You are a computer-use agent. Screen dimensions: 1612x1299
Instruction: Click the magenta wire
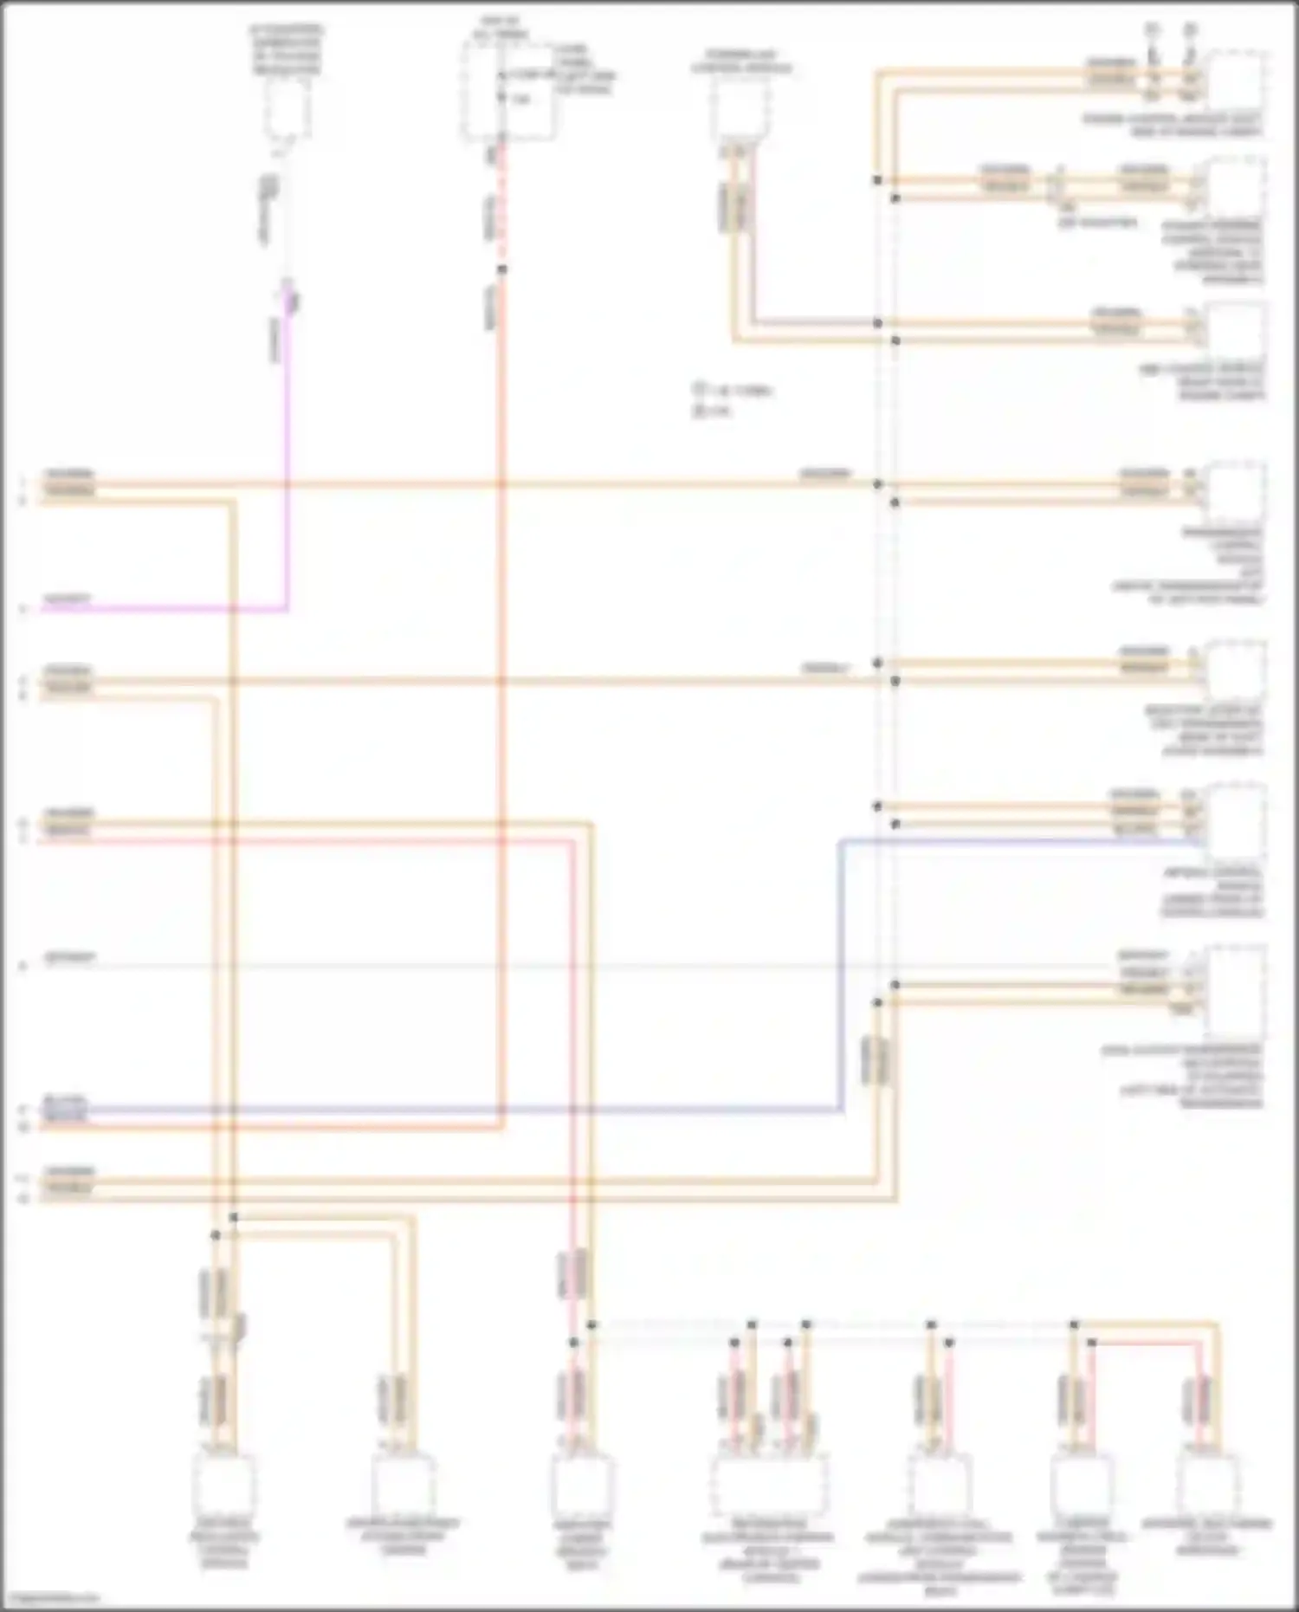(287, 485)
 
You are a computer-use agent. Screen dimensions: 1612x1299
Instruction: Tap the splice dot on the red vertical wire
(501, 269)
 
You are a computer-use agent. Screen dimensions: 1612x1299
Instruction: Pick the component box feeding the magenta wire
(288, 108)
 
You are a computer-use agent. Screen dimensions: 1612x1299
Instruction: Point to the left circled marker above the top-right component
(1152, 29)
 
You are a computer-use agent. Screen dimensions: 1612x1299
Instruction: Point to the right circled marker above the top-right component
(1191, 29)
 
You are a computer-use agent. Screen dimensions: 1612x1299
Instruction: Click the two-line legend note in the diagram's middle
(732, 400)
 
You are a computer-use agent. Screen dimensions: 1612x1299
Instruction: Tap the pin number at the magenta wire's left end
(23, 610)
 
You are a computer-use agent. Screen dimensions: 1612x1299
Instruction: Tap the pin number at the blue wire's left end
(23, 1109)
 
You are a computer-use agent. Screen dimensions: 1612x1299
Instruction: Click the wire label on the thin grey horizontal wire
(69, 958)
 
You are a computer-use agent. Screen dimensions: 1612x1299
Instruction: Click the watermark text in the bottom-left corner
(50, 1598)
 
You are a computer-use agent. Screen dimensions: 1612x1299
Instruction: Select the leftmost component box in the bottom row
(223, 1484)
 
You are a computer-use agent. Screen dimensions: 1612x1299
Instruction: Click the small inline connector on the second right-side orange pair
(1054, 186)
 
